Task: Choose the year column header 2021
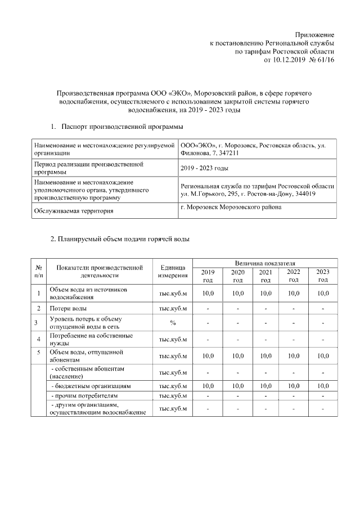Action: [x=265, y=276]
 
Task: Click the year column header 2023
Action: [x=323, y=276]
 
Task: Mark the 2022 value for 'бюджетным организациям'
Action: [x=293, y=386]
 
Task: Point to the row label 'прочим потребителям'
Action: [x=84, y=397]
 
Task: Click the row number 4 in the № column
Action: [x=38, y=339]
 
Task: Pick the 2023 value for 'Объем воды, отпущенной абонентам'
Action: [x=323, y=356]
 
